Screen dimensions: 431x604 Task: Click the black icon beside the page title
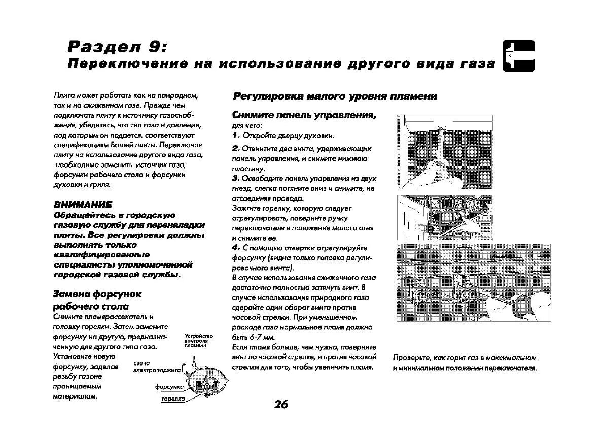point(518,56)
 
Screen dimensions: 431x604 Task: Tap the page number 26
point(280,404)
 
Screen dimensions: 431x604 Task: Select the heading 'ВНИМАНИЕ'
point(82,205)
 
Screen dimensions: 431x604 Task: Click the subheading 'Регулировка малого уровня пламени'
point(334,96)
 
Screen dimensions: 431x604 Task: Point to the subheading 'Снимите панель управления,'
point(304,115)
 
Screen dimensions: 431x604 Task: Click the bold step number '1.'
point(236,136)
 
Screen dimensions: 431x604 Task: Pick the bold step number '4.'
point(236,248)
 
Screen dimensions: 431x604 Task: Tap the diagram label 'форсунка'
point(169,387)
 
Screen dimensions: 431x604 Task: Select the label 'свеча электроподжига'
point(157,367)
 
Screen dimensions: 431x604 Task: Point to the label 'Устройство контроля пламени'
point(198,340)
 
